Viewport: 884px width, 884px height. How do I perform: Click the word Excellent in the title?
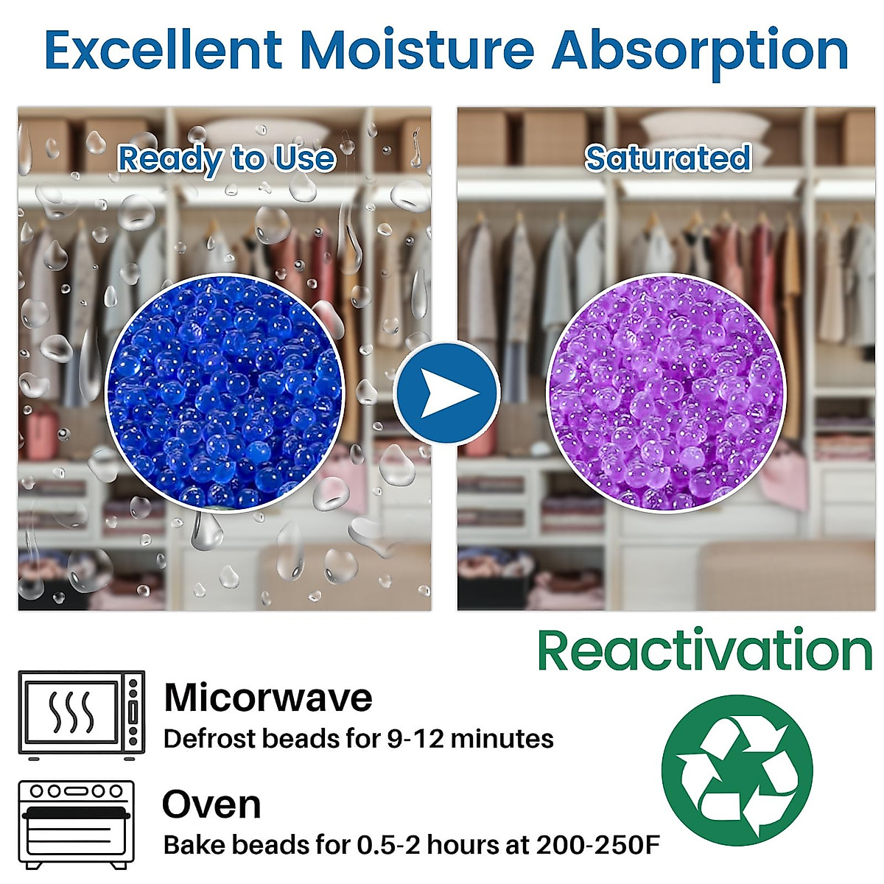point(163,50)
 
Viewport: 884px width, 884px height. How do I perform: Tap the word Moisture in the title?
point(417,50)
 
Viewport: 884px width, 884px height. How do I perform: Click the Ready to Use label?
point(226,159)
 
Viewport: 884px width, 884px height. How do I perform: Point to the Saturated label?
point(667,158)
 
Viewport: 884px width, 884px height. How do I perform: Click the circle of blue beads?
point(225,393)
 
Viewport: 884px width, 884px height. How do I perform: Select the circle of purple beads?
point(666,393)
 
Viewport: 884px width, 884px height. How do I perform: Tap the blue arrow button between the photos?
point(446,393)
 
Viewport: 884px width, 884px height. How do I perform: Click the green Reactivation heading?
point(704,650)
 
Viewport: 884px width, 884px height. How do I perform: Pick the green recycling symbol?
point(737,771)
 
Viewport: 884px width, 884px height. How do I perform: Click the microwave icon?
point(81,715)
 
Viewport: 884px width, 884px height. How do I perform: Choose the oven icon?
point(77,823)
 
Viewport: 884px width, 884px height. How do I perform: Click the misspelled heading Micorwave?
point(268,698)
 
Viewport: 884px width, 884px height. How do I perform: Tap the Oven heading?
point(211,804)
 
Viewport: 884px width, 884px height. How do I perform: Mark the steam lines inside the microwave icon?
point(71,712)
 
